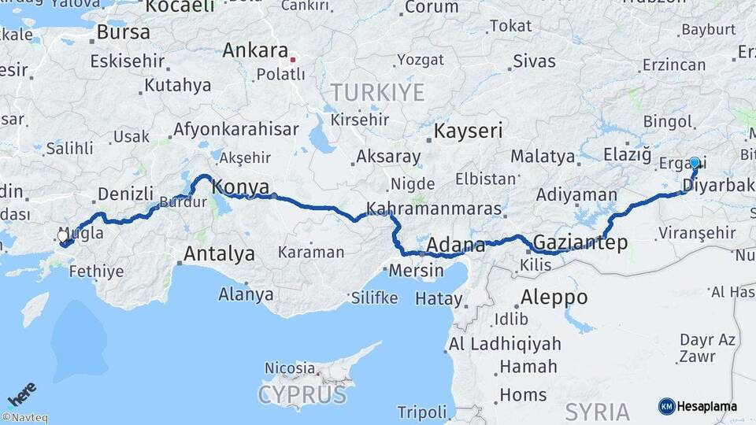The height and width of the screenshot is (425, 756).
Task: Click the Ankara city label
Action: [x=254, y=50]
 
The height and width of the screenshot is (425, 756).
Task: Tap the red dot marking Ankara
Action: [x=293, y=58]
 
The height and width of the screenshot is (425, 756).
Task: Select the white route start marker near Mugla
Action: [x=63, y=236]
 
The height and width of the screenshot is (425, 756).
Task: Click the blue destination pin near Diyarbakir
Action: [x=695, y=163]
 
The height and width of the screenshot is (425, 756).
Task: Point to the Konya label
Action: [x=241, y=187]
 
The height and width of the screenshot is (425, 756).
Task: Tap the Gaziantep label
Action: [x=580, y=242]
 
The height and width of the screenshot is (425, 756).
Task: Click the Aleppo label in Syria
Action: [x=554, y=297]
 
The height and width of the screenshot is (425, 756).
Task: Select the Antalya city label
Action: [x=219, y=253]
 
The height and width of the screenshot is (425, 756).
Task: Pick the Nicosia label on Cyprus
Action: [x=289, y=368]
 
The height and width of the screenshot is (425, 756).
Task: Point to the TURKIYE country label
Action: [x=377, y=92]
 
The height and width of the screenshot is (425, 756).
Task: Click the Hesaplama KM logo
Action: [x=697, y=406]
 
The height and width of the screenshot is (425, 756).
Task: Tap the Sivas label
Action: [x=534, y=61]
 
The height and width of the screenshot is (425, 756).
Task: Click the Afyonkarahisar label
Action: [x=235, y=128]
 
